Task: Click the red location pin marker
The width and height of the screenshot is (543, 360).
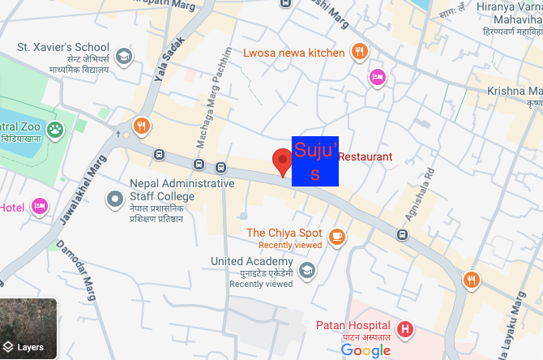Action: (282, 161)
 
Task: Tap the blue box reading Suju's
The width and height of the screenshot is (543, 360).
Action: (314, 161)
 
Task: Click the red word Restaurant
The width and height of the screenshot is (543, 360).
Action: (365, 156)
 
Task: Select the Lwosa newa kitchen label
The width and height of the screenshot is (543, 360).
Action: (294, 53)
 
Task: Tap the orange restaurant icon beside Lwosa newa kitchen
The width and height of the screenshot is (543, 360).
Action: (360, 53)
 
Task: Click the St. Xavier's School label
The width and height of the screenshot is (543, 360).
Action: (63, 47)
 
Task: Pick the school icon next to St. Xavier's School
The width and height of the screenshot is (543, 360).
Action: (123, 56)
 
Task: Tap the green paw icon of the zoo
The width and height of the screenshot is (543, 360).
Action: (55, 128)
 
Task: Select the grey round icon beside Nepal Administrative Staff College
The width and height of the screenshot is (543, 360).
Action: (115, 197)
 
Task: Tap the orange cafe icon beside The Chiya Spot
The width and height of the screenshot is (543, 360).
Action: (337, 237)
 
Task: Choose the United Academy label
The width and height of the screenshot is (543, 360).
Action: (251, 262)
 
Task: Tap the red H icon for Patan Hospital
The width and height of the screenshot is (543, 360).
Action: (404, 329)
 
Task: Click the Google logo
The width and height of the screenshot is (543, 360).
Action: (366, 350)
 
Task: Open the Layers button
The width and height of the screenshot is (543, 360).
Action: (28, 329)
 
